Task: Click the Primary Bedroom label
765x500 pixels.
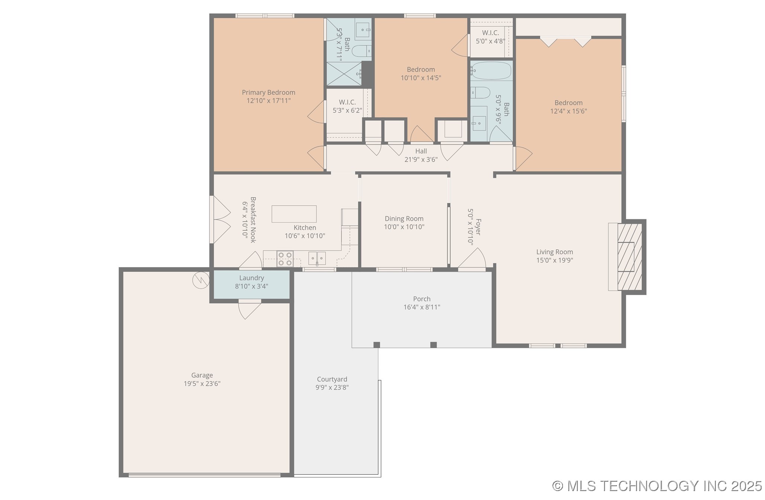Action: tap(268, 92)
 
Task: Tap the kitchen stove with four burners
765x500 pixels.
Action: tap(285, 259)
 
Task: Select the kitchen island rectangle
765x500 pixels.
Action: tap(294, 214)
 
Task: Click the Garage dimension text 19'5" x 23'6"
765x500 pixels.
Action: tap(202, 384)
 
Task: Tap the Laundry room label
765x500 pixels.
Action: tap(252, 278)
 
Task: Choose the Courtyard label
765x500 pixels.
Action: tap(332, 379)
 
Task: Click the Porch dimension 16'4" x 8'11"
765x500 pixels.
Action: tap(422, 307)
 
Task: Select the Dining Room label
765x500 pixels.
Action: tap(404, 219)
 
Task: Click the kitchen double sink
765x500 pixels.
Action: tap(317, 258)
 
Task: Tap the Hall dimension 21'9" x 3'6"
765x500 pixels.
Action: tap(421, 160)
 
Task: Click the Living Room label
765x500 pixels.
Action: tap(554, 252)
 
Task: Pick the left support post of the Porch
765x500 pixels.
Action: tap(377, 345)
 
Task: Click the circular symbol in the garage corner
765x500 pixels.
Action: tap(201, 281)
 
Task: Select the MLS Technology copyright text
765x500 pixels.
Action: tap(657, 486)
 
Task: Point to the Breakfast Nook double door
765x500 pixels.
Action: tap(221, 219)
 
